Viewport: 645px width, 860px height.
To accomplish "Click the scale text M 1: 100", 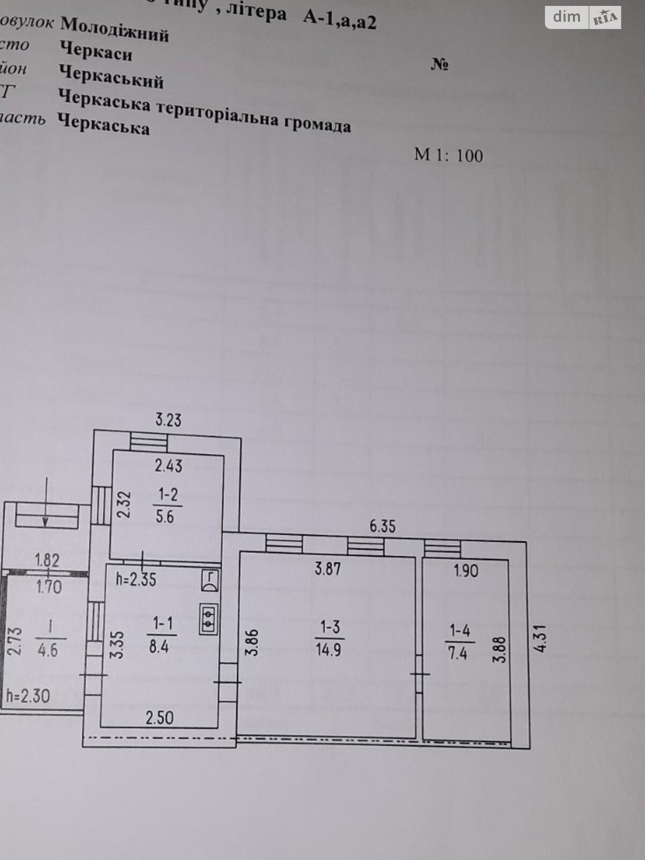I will click(x=448, y=155).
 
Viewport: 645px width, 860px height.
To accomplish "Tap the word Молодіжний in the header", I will click(x=115, y=29).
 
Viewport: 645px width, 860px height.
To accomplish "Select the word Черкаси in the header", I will click(x=96, y=52).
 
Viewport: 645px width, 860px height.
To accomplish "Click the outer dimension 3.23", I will click(x=168, y=419).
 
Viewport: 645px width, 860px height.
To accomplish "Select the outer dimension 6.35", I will click(x=382, y=526).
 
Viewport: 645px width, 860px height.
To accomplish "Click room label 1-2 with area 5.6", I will click(x=166, y=505).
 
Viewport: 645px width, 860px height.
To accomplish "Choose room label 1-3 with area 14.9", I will click(x=329, y=639).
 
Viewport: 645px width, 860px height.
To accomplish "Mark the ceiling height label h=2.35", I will click(x=136, y=579).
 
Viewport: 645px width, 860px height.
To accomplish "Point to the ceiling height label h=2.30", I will click(x=28, y=696).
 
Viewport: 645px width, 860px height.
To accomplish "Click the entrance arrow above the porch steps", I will click(x=46, y=501).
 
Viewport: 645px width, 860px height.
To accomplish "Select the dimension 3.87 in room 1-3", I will click(x=327, y=568).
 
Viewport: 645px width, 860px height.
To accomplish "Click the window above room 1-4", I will click(x=442, y=548).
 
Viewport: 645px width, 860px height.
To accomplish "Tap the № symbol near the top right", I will click(x=440, y=66).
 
